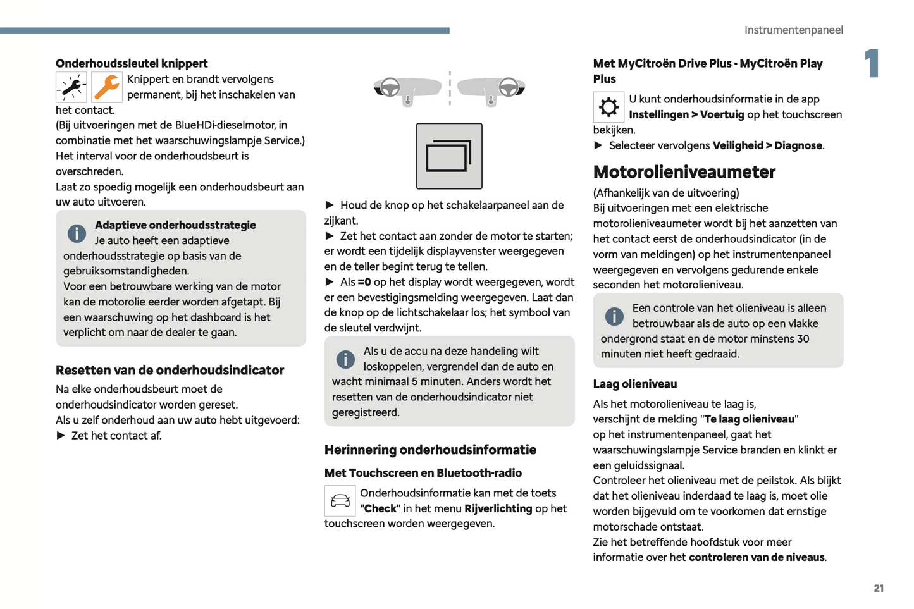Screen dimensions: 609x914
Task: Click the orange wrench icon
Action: pos(107,87)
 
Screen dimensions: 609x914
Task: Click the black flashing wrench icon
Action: pos(71,87)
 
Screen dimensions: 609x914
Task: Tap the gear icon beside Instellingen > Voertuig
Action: pos(608,107)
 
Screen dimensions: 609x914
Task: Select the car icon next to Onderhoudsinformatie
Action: pos(340,501)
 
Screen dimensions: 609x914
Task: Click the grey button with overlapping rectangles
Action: pos(449,156)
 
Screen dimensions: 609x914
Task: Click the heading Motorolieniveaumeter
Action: pos(684,172)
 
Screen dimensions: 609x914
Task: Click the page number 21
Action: pos(879,588)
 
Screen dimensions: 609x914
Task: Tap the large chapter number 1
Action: pos(872,63)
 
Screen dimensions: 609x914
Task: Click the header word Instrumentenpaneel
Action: pos(793,30)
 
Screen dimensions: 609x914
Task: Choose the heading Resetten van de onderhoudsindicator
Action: pos(170,371)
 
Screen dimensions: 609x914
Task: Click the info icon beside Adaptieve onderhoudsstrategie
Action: pos(77,233)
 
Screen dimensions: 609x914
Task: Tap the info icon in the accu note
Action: pos(345,359)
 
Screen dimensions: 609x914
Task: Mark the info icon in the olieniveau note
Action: pos(614,316)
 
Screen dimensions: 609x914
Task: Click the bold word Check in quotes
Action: pos(380,508)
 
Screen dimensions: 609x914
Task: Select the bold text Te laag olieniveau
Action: pos(750,419)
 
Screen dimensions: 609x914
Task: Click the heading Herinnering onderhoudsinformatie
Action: pos(430,450)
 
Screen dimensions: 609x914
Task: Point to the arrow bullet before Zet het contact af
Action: pos(61,435)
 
